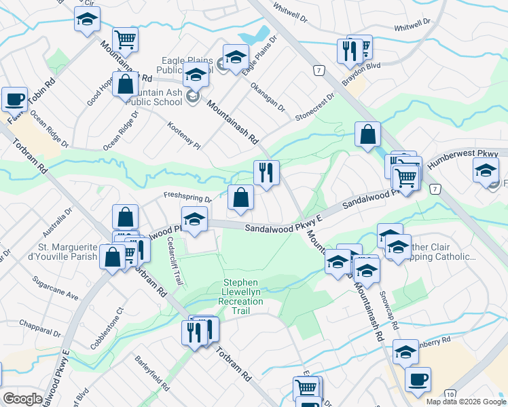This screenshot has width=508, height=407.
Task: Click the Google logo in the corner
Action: (x=22, y=399)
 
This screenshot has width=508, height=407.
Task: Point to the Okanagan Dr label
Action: (x=268, y=98)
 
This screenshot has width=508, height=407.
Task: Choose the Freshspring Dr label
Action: (x=187, y=197)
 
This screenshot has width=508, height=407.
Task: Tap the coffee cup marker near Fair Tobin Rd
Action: (x=14, y=99)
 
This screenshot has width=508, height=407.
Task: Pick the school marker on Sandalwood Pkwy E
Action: (x=194, y=219)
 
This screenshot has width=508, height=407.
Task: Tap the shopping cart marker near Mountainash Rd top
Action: (x=125, y=39)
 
